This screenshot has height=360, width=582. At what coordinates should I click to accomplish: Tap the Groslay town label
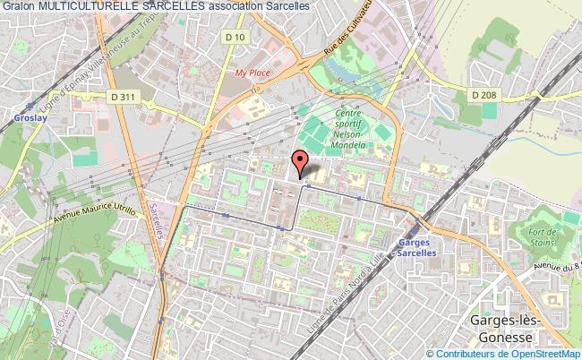(17, 116)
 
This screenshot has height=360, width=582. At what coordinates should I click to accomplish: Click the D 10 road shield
(235, 36)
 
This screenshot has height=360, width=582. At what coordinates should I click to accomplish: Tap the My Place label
(252, 73)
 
